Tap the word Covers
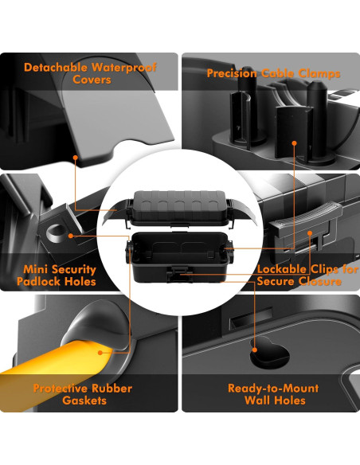92,80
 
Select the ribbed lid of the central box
180,203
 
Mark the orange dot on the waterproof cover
76,158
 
